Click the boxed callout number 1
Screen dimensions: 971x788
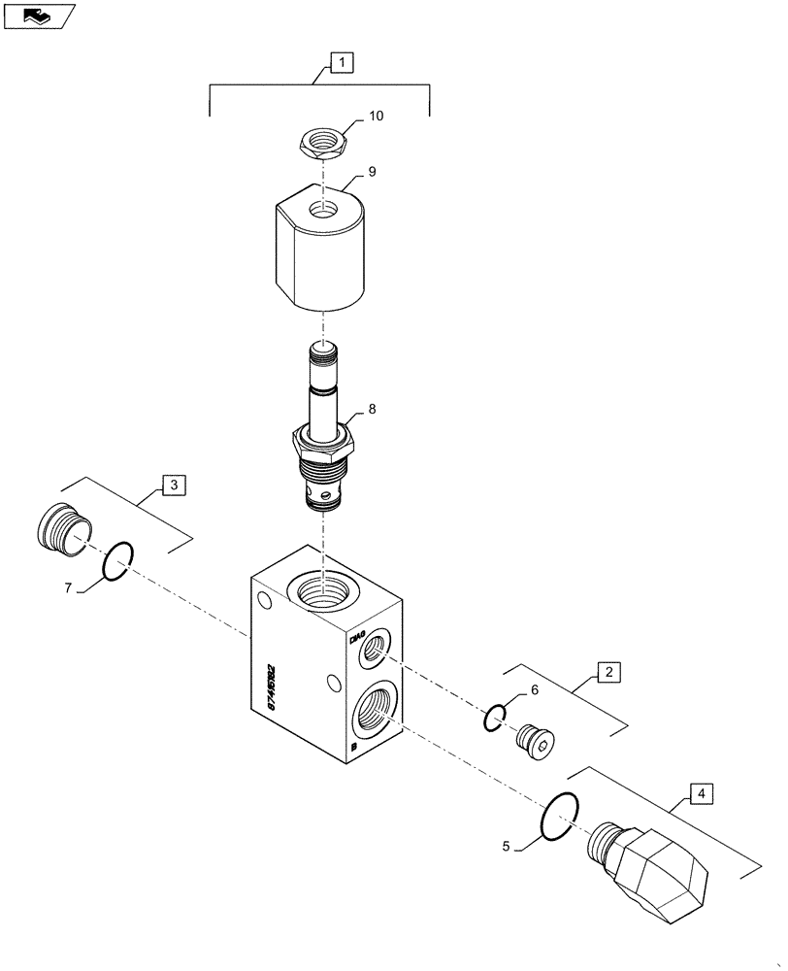tap(342, 63)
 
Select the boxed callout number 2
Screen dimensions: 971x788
tap(607, 671)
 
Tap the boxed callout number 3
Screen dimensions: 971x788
tap(173, 485)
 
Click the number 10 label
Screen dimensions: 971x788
tap(376, 117)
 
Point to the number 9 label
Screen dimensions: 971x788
tap(372, 172)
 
